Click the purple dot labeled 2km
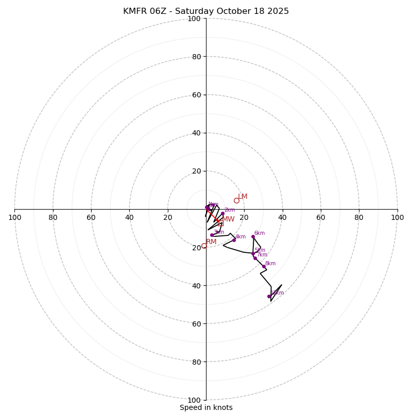coord(222,214)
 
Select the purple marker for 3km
coord(212,235)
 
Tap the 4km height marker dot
coord(234,240)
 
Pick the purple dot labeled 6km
coord(253,236)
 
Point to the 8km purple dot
coord(264,266)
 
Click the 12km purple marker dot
coord(269,296)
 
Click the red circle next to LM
coord(236,200)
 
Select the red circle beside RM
coord(204,246)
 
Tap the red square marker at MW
coord(221,224)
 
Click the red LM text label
coord(243,197)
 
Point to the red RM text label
coord(211,242)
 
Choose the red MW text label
coord(228,219)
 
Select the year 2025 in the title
coord(278,11)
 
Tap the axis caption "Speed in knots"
coord(206,407)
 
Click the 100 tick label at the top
coord(194,19)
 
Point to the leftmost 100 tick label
coord(14,217)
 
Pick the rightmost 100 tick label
coord(397,217)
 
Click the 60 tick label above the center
coord(196,95)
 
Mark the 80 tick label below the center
coord(196,362)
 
